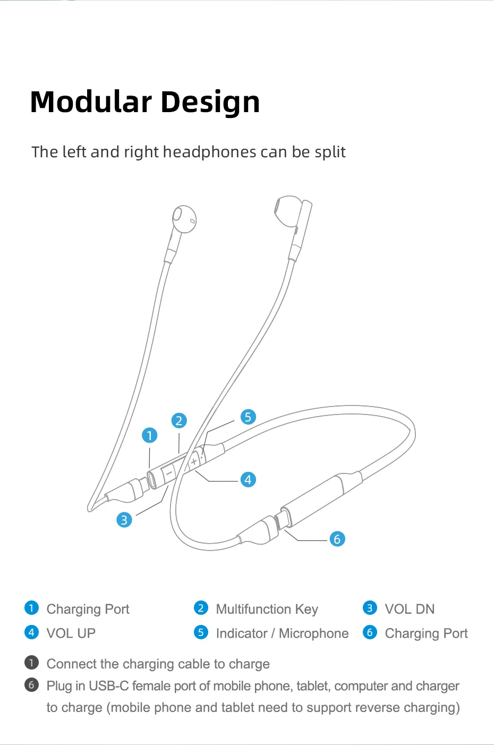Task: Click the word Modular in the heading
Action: (x=91, y=102)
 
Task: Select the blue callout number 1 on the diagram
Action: (x=150, y=436)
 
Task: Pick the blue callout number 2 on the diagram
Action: (x=179, y=421)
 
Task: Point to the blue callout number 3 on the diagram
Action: (x=124, y=520)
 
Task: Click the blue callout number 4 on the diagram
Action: (x=248, y=480)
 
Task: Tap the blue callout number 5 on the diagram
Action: (x=248, y=417)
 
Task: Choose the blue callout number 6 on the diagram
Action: (x=337, y=539)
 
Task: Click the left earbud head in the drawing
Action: (x=184, y=218)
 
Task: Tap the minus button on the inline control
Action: (x=169, y=472)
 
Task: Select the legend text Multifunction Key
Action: (x=267, y=609)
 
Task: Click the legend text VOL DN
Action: (x=410, y=609)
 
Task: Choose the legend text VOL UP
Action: (x=71, y=633)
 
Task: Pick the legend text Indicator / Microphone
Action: (x=282, y=633)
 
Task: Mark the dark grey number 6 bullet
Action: (x=31, y=685)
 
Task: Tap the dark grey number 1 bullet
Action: (x=31, y=663)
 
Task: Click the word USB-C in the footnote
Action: (x=108, y=686)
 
